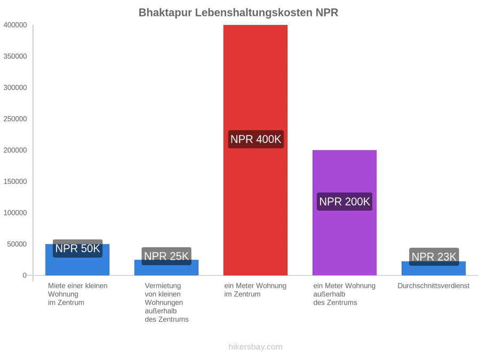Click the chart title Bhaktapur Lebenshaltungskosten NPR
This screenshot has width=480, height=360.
(x=238, y=13)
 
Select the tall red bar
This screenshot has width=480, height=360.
(x=255, y=150)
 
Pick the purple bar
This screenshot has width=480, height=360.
(x=345, y=212)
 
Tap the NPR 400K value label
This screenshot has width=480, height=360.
(x=255, y=139)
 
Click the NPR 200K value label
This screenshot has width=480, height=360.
(x=345, y=202)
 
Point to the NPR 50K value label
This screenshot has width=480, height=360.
(x=77, y=248)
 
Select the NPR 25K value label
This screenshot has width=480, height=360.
(x=166, y=256)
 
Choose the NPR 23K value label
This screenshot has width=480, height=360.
(x=434, y=257)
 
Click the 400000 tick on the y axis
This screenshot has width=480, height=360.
(x=15, y=25)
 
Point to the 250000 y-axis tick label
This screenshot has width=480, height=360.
(x=15, y=119)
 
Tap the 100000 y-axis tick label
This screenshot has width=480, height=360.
(x=15, y=213)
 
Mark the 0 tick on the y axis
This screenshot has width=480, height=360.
(x=25, y=275)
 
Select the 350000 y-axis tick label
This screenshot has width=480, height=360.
(x=15, y=57)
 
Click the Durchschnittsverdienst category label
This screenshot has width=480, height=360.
(x=434, y=286)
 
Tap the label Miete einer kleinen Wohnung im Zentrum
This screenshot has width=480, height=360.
(x=78, y=294)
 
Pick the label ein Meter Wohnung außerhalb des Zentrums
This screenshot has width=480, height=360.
(x=345, y=294)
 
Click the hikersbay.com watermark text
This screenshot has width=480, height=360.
(x=255, y=347)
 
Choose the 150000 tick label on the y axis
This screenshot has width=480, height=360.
(x=15, y=181)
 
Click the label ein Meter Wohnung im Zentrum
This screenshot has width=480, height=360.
(x=255, y=290)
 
